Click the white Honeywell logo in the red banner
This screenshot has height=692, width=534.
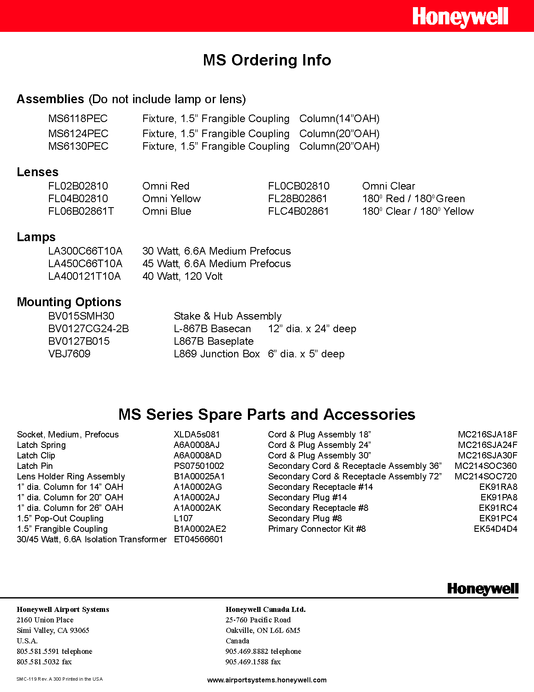(x=460, y=17)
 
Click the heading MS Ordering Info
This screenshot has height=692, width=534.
(x=267, y=60)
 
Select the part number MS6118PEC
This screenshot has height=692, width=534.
(x=78, y=119)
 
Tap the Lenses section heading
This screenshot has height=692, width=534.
(x=37, y=172)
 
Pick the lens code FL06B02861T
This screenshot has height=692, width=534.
(x=81, y=211)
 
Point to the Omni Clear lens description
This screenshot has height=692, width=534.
(x=388, y=186)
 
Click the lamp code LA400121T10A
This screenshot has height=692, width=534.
(x=84, y=276)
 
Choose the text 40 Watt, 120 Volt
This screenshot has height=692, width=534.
(x=182, y=276)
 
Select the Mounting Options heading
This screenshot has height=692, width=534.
(x=69, y=302)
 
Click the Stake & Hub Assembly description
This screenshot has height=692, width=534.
(x=227, y=316)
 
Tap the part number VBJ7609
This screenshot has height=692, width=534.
(x=69, y=354)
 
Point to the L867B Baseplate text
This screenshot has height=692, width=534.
(x=214, y=341)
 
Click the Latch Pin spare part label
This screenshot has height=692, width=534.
(x=35, y=466)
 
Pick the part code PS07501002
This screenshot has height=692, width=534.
(x=199, y=466)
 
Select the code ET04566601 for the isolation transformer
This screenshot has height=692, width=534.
(x=198, y=539)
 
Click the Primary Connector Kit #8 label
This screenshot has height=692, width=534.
(x=317, y=529)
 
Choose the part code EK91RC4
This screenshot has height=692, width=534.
(x=498, y=508)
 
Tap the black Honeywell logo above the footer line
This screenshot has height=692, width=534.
(x=482, y=589)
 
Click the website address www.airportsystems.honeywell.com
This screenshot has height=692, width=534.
(x=267, y=680)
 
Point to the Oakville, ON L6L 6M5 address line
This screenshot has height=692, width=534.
(x=263, y=630)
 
